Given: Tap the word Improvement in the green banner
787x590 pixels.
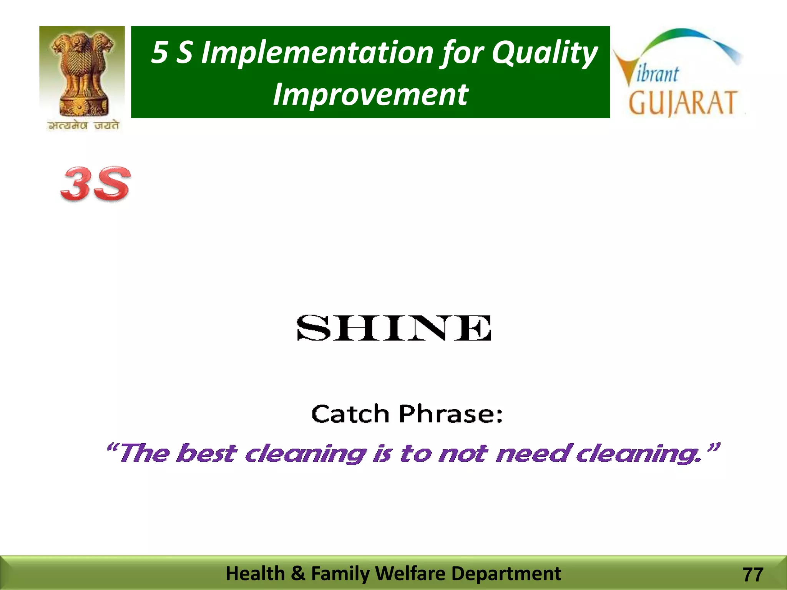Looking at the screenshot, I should tap(370, 94).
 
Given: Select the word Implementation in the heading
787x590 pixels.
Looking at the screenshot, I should tap(317, 53).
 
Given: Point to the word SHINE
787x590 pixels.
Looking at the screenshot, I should tap(394, 328).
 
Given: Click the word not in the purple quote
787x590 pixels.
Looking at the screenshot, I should tap(463, 453).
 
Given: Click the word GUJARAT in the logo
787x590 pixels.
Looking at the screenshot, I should tap(682, 103).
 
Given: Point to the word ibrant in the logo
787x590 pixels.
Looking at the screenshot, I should tap(658, 74).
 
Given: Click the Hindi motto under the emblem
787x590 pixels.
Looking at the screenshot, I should tap(83, 126).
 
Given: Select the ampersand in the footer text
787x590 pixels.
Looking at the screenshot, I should tap(298, 573).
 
